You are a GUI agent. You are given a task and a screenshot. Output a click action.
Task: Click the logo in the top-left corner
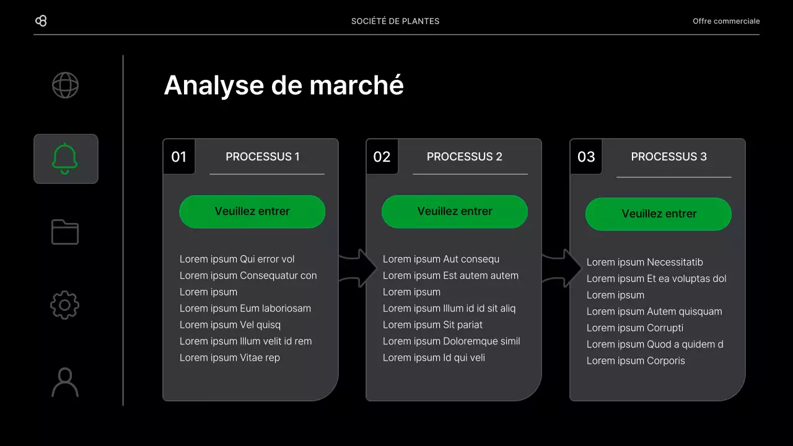[41, 21]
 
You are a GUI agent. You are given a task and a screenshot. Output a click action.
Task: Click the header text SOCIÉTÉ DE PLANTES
[395, 21]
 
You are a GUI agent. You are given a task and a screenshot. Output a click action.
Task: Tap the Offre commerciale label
[726, 21]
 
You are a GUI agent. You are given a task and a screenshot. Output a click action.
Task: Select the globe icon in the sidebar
[65, 85]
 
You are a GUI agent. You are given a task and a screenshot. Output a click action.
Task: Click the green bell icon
[65, 159]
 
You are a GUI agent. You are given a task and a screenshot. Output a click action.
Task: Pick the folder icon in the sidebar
[65, 232]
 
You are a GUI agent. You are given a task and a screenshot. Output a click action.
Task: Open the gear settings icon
[65, 305]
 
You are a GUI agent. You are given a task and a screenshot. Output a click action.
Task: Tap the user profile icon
[65, 382]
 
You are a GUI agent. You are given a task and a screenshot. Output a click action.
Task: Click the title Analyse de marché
[284, 85]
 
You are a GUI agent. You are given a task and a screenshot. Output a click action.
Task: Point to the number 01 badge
[179, 157]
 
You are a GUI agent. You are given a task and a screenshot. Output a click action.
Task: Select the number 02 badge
[382, 157]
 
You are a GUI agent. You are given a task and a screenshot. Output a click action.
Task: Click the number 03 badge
[586, 157]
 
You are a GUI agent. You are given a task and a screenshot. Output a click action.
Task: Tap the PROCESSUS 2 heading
[465, 157]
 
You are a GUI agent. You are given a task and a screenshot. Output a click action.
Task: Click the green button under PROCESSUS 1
[252, 211]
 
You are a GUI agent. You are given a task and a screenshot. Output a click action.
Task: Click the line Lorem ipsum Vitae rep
[230, 357]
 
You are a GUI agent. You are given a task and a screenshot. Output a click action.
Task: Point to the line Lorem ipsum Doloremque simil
[452, 341]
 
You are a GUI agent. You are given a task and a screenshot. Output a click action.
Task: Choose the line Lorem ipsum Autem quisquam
[654, 312]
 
